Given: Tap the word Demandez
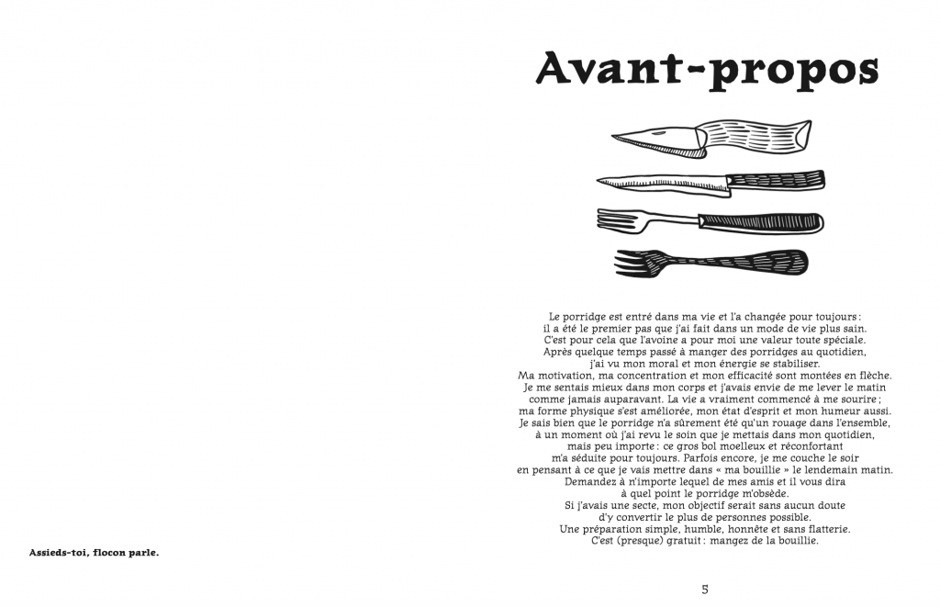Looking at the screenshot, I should click(594, 481).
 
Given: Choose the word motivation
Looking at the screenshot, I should click(570, 375).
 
